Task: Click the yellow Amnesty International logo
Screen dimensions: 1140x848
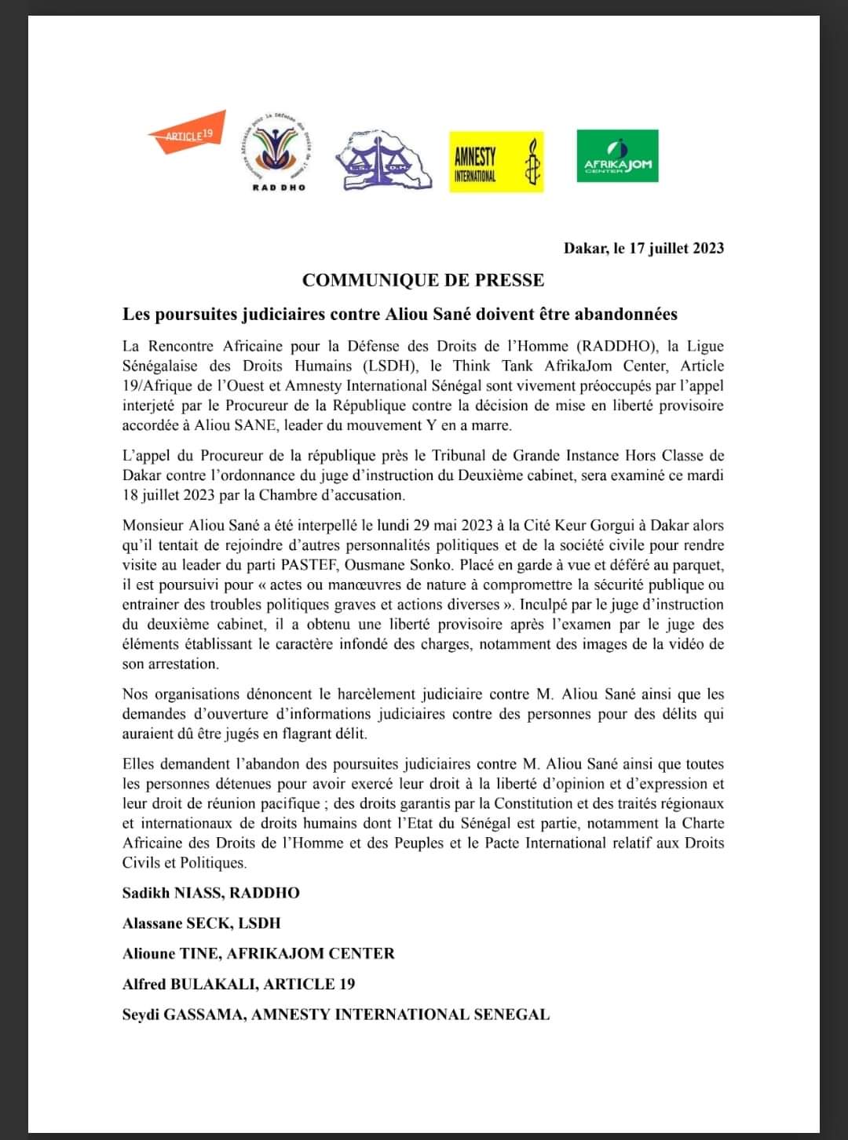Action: (495, 162)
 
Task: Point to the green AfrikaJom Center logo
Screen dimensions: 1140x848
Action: (617, 156)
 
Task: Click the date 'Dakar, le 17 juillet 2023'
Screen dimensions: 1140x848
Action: (643, 249)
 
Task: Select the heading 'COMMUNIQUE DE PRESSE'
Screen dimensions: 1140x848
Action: (423, 280)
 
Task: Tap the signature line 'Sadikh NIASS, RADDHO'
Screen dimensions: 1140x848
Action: (210, 893)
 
